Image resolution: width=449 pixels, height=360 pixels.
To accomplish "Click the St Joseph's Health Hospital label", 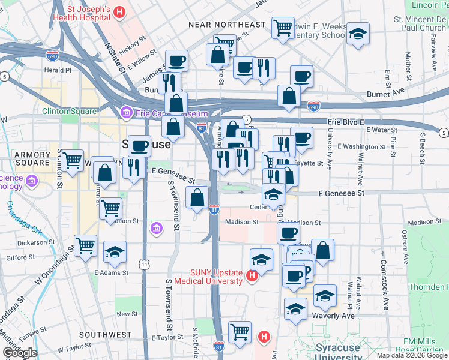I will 81,13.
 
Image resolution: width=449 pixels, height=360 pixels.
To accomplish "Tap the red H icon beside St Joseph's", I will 119,12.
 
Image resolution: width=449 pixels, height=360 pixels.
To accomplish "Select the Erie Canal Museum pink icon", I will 126,112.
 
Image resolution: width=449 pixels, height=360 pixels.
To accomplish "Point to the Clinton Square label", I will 69,112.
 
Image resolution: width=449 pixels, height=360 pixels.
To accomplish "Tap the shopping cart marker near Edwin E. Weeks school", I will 283,26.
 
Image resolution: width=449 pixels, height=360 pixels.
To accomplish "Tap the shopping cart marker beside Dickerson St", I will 85,245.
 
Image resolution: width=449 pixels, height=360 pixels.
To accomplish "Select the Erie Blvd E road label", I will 346,122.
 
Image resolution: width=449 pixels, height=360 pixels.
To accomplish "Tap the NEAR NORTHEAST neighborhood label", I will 227,25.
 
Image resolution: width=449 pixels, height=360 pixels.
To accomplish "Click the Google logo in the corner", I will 20,353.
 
